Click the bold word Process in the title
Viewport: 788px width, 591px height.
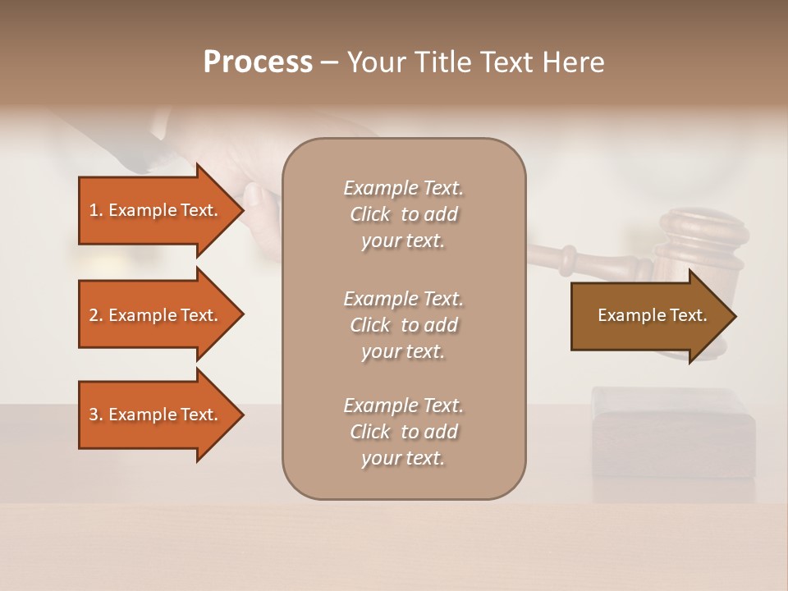[x=258, y=62]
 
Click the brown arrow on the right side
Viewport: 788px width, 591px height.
[x=648, y=316]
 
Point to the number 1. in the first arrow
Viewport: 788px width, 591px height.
[x=96, y=210]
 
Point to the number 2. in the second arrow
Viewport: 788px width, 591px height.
[x=96, y=315]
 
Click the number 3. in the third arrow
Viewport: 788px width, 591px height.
[x=96, y=415]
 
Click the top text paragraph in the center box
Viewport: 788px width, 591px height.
[x=403, y=214]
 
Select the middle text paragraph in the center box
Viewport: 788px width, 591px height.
[x=403, y=325]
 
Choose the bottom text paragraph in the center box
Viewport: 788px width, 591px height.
[x=403, y=432]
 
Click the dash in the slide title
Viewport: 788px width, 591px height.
[x=329, y=63]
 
